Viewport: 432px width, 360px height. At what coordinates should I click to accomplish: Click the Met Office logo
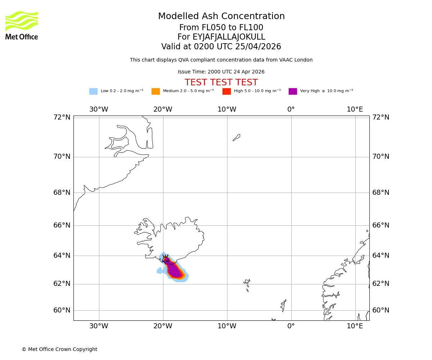[22, 25]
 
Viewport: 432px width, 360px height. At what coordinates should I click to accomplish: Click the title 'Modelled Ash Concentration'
[221, 16]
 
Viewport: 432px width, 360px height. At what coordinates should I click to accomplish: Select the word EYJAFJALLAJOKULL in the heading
[229, 37]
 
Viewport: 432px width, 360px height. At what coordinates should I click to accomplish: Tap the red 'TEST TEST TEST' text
[221, 82]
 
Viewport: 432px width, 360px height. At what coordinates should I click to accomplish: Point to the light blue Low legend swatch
[93, 91]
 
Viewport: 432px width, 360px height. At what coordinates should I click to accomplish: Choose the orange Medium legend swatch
[156, 91]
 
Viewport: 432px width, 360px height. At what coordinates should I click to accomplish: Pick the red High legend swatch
[226, 91]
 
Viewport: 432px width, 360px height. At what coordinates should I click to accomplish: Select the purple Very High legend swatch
[293, 91]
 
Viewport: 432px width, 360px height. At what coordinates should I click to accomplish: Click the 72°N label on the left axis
[62, 117]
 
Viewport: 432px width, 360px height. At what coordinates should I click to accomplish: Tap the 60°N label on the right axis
[381, 310]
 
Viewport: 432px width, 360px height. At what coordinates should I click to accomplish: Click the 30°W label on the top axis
[99, 109]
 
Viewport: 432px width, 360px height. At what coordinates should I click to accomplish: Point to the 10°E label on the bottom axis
[355, 326]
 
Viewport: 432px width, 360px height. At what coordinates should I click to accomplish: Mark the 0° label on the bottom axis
[291, 326]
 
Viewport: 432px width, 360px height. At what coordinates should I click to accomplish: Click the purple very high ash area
[174, 270]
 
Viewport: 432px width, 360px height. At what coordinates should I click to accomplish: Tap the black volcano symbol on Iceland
[165, 258]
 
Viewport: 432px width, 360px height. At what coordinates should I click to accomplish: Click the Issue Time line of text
[221, 72]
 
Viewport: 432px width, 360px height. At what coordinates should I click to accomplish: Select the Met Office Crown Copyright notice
[59, 349]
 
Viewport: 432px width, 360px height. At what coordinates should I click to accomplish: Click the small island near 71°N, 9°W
[237, 138]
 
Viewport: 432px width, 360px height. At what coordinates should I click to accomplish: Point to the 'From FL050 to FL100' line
[221, 28]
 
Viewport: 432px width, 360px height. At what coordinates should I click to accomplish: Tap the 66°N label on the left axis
[62, 225]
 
